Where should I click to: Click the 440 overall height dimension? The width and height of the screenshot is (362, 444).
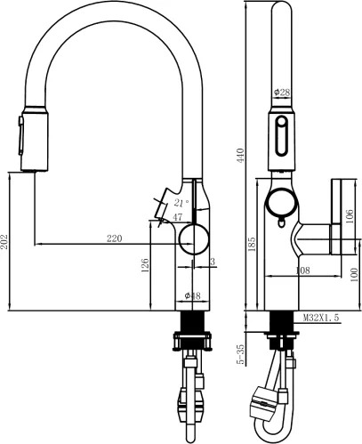(x=241, y=156)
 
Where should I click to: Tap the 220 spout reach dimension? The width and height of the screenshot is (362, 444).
(x=114, y=238)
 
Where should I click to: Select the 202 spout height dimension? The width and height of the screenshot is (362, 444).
(x=4, y=242)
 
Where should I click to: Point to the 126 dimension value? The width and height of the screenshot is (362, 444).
(x=145, y=265)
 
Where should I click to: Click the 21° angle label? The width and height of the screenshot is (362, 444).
(x=181, y=203)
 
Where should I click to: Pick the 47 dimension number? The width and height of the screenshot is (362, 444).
(x=177, y=217)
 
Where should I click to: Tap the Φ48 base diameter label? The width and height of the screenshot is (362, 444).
(x=192, y=295)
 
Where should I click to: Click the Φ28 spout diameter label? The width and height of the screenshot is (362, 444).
(x=282, y=93)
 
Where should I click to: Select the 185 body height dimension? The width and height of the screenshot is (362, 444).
(x=252, y=244)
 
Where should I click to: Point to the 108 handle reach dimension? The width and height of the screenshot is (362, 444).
(x=302, y=270)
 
